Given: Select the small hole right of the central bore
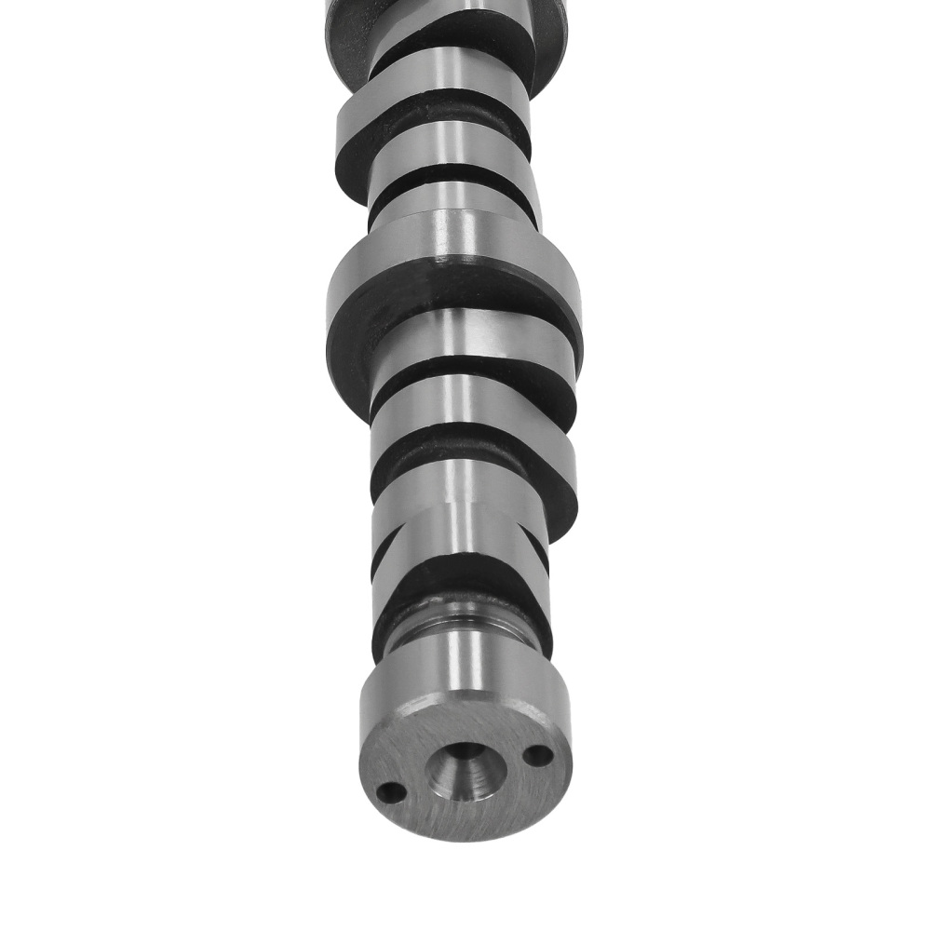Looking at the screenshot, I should click(x=537, y=755).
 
